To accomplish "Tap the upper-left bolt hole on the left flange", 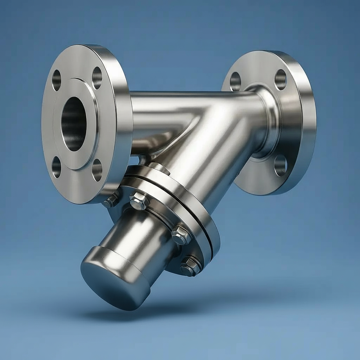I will point(57,80).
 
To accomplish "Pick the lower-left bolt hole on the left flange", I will point(57,167).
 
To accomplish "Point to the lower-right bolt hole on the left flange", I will point(97,170).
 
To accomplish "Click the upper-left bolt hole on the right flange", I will point(235,82).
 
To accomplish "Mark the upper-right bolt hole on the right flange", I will point(281,79).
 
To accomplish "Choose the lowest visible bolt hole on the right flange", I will point(280,165).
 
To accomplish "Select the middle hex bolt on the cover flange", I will point(181,235).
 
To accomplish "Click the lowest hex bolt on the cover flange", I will point(190,266).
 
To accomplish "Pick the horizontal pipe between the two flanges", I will point(169,105).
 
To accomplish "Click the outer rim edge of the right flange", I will point(309,127).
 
